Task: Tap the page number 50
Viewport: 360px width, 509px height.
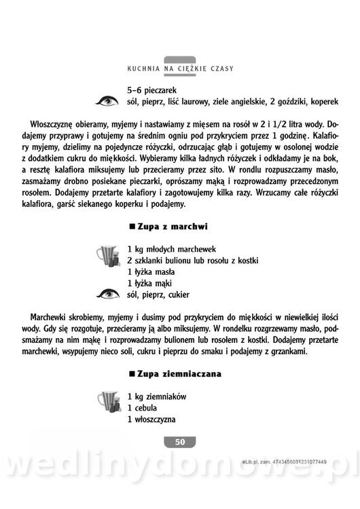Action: pos(179,442)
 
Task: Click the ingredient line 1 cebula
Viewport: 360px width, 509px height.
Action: pos(142,408)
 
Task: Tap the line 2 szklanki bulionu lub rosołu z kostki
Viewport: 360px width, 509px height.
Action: pos(193,260)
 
